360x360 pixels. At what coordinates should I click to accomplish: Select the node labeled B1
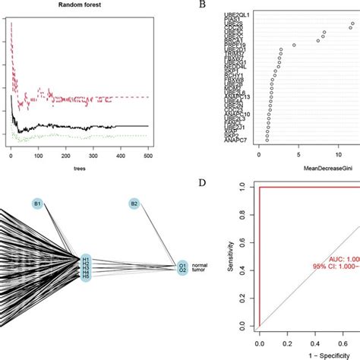37,204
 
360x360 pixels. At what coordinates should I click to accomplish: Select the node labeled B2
134,204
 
